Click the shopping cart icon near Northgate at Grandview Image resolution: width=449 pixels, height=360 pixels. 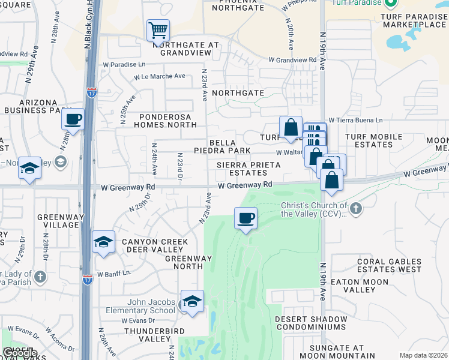158,29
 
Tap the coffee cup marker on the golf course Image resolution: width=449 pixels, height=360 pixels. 245,218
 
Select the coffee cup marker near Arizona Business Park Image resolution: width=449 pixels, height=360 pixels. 73,119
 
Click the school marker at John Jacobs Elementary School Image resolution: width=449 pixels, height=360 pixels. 192,302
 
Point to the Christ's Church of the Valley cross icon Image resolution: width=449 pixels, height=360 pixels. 356,208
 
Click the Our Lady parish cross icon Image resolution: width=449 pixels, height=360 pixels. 40,277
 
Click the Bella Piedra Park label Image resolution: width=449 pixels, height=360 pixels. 221,145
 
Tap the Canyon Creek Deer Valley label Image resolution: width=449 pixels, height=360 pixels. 155,246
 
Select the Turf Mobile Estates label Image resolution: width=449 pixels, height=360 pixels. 373,140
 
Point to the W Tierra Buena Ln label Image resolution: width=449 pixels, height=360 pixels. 355,120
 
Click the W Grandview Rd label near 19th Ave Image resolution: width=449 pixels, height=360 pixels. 292,60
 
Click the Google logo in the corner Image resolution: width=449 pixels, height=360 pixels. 19,353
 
